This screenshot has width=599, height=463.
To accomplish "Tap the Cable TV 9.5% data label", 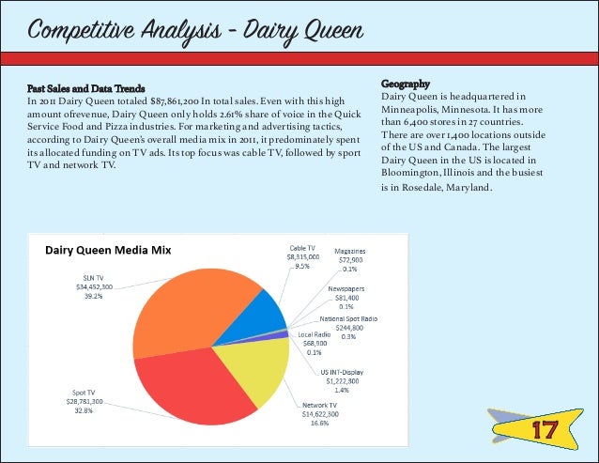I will pos(301,256).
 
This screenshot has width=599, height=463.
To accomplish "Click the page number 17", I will pos(543,430).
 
